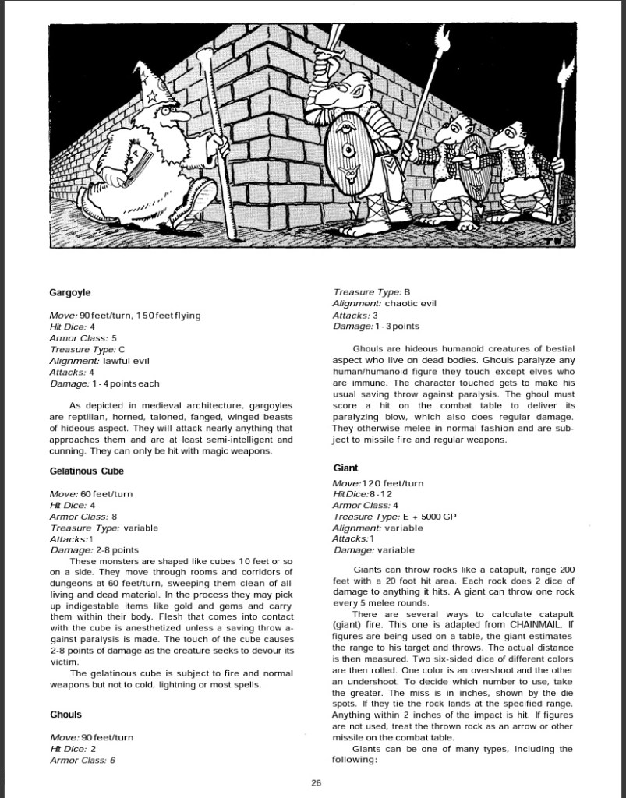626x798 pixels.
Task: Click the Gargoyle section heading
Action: pos(69,292)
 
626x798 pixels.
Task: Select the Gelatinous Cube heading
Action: pos(87,471)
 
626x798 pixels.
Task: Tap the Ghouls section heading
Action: pos(65,715)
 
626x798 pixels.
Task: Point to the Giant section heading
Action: pos(345,468)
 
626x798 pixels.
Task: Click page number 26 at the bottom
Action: pos(317,782)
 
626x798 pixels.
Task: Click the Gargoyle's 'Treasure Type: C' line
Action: pos(87,350)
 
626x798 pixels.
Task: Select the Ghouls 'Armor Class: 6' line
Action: pos(83,760)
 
